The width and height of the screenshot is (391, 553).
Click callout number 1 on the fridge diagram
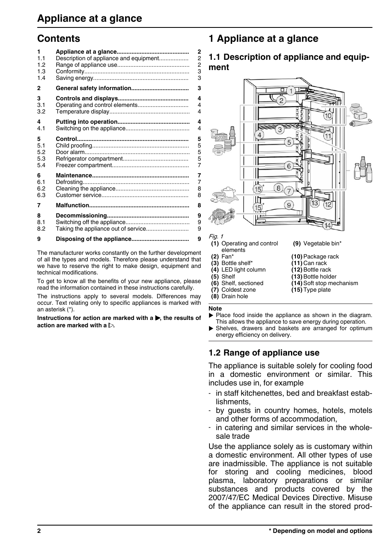coord(291,91)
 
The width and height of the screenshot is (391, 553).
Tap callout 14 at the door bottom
coord(327,225)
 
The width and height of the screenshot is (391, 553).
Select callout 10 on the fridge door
coord(328,116)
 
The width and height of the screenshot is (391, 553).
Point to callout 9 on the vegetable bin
coord(289,205)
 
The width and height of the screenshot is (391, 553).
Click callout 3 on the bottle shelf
coord(280,130)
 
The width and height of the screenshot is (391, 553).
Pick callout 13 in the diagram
coord(314,203)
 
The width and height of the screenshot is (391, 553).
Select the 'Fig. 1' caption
coord(216,236)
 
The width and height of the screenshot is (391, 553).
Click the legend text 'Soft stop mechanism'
coord(330,283)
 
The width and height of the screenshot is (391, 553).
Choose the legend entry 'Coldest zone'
coord(238,290)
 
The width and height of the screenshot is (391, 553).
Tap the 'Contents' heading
coord(59,39)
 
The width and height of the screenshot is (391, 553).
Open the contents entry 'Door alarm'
coord(70,152)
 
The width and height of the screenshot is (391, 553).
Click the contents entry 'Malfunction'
coord(72,205)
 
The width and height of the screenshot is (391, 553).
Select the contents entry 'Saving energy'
coord(75,78)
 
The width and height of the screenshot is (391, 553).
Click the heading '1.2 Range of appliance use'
coord(264,353)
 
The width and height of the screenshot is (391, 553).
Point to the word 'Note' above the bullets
coord(215,308)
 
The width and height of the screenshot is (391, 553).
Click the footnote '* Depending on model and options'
coord(320,531)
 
